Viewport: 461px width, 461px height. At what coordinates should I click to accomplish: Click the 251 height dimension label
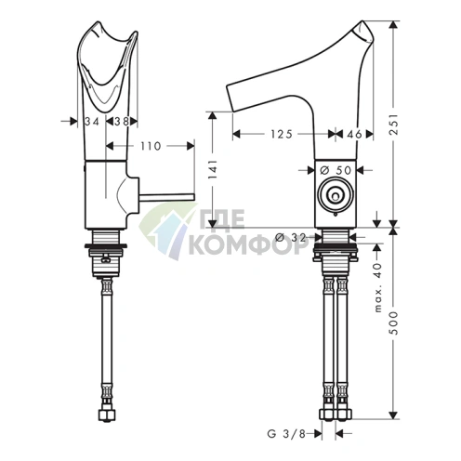393,125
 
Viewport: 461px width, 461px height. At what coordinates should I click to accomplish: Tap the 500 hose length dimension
393,323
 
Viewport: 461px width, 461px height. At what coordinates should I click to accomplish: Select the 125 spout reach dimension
282,134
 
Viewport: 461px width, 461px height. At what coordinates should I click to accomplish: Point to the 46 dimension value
354,134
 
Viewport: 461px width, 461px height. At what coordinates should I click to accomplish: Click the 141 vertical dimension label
213,170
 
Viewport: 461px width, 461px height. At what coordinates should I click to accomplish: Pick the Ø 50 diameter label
336,170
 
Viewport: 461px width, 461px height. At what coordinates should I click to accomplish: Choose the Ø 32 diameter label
291,238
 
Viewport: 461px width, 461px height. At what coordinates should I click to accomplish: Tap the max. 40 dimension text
378,288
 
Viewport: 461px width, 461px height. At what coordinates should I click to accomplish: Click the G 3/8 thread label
286,434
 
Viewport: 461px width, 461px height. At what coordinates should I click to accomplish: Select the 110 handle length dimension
151,146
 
